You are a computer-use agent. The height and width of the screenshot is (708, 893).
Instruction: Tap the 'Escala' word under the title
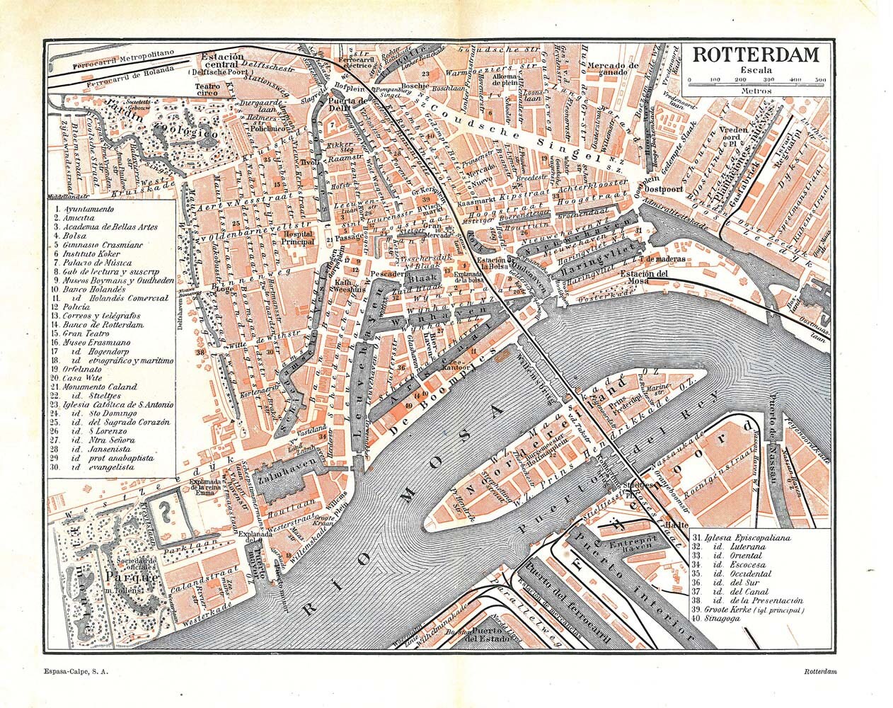click(x=756, y=69)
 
